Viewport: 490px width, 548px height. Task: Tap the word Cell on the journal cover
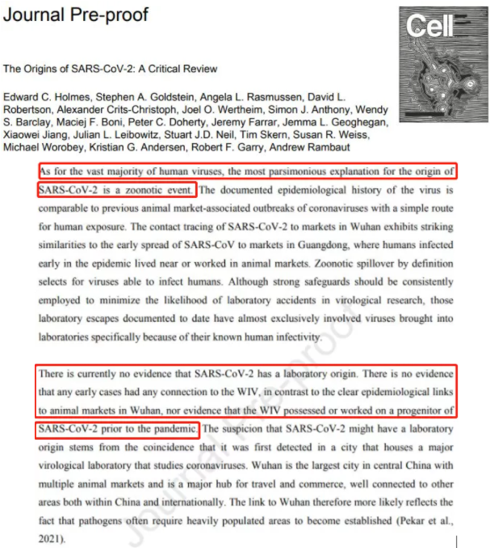[431, 27]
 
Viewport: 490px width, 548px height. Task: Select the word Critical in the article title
[174, 69]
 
